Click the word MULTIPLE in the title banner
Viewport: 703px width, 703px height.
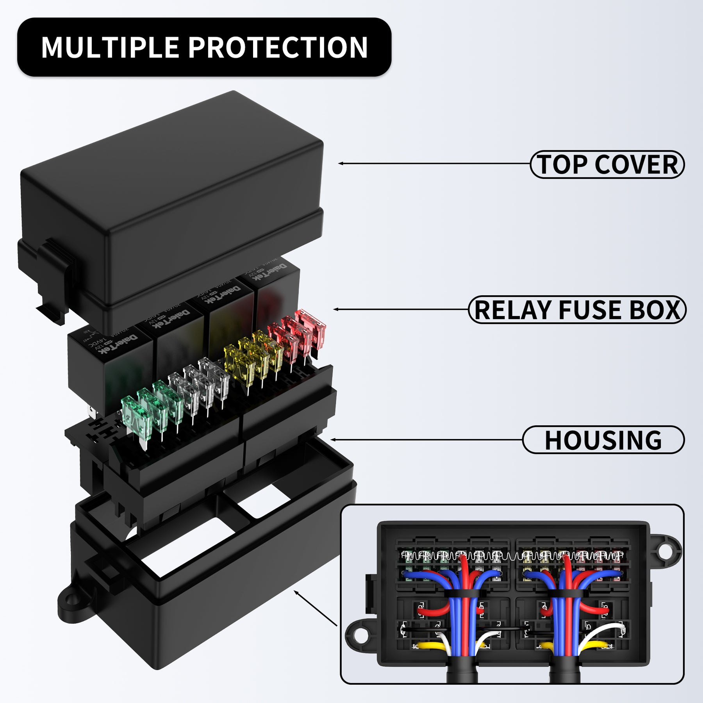(110, 48)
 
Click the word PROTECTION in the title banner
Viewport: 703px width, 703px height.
(278, 48)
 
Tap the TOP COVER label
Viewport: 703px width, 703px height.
(607, 164)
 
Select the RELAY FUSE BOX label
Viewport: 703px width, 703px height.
(577, 310)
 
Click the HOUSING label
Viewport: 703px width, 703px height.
(603, 440)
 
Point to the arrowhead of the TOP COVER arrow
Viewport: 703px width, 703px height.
(341, 164)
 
